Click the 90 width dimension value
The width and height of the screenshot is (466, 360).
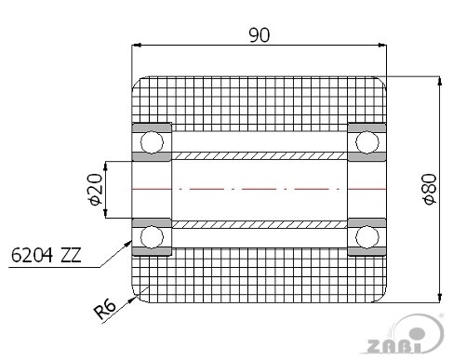tap(260, 35)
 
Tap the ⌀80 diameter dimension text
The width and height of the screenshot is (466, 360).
tap(430, 189)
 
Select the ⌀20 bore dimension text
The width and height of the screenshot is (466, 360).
tap(95, 190)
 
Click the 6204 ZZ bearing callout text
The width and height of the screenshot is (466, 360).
tap(46, 256)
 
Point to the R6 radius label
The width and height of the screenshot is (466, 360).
tap(105, 309)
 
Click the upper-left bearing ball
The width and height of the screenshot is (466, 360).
tap(152, 142)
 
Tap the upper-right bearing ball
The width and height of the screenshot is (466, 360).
tap(367, 142)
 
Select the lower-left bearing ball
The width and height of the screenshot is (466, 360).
tap(152, 237)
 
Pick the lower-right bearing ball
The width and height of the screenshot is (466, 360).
tap(367, 237)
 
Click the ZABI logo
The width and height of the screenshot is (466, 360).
tap(403, 335)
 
